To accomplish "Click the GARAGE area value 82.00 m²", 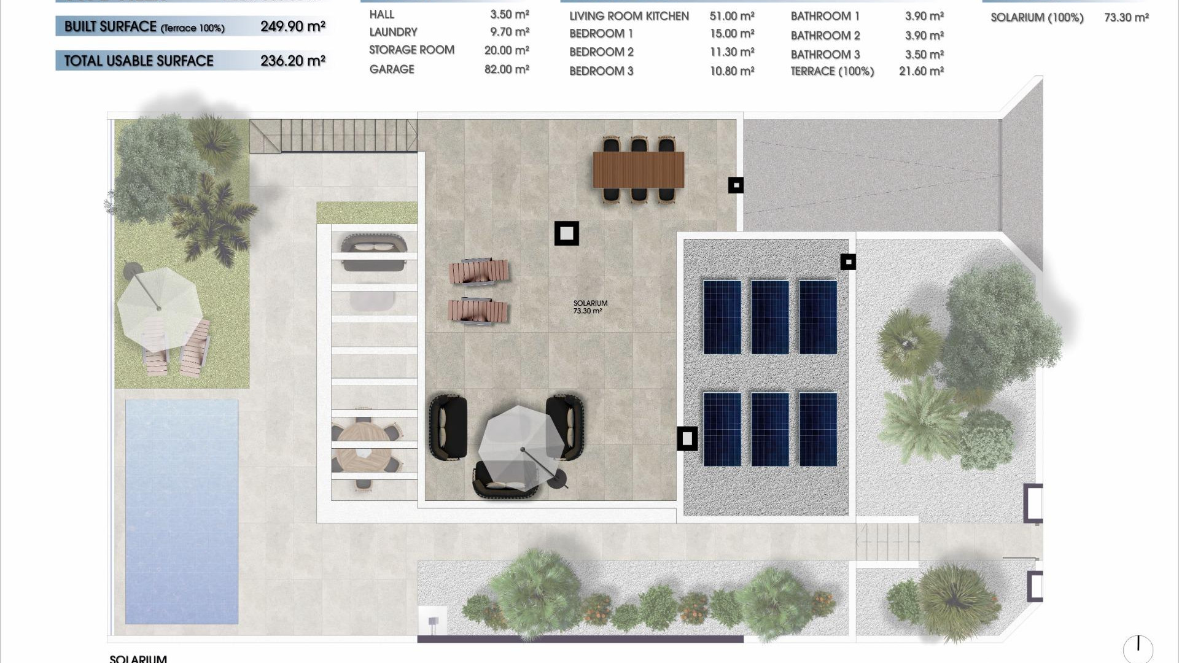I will (506, 69).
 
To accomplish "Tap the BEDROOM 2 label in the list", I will (601, 52).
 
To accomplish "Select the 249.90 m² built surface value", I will (292, 26).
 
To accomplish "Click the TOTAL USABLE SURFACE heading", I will (139, 61).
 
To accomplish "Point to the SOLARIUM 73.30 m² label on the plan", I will (589, 307).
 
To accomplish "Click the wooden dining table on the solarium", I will (638, 170).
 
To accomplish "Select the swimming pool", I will (182, 511).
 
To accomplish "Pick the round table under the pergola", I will (363, 444).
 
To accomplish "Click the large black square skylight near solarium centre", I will (566, 233).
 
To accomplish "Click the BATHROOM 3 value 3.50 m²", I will (924, 55).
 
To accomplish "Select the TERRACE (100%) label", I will (832, 71).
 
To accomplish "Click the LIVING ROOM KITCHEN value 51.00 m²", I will (732, 16).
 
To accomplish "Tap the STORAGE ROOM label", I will (411, 50).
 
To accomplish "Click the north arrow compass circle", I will (1138, 648).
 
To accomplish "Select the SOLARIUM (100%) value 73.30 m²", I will (1126, 18).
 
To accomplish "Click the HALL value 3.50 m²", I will (509, 14).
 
